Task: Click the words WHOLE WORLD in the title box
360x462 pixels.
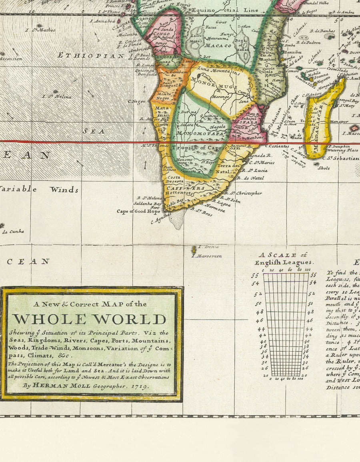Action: (x=89, y=319)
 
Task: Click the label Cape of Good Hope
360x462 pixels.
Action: (x=138, y=211)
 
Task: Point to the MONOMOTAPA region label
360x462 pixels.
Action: (x=200, y=133)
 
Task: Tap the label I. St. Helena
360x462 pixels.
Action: (x=57, y=96)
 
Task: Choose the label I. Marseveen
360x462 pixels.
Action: (x=206, y=256)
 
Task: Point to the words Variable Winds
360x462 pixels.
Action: (x=38, y=189)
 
